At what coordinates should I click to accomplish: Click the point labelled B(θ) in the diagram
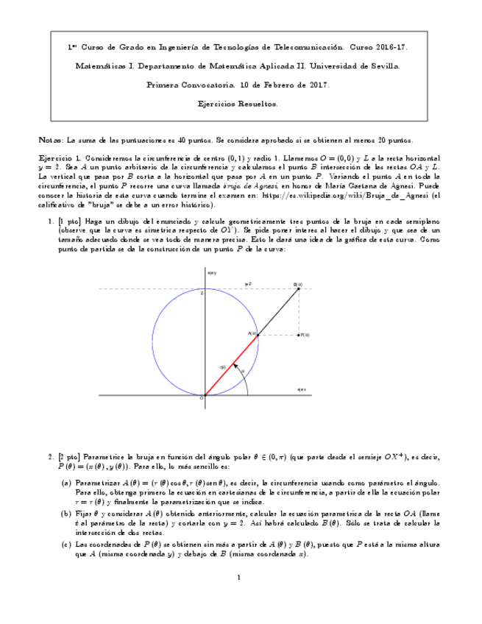coord(298,288)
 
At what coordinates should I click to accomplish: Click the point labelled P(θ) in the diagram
coord(298,335)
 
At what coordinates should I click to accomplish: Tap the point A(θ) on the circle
coord(257,335)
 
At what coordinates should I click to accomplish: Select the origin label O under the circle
coord(202,398)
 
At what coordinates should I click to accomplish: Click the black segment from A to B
coord(278,311)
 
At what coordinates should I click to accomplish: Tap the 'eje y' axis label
coord(212,273)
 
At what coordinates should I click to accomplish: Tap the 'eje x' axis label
coord(301,389)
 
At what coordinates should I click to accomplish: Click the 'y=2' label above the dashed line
coord(248,283)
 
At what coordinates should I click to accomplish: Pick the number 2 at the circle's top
coord(201,293)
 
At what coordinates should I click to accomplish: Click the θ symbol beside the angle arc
coord(243,371)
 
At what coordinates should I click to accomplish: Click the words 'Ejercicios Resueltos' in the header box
coord(238,104)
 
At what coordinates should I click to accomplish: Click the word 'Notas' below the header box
coord(51,140)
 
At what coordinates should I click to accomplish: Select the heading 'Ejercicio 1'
coord(59,159)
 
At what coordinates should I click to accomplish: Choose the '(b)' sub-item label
coord(66,514)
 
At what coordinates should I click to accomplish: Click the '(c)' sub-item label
coord(66,545)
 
